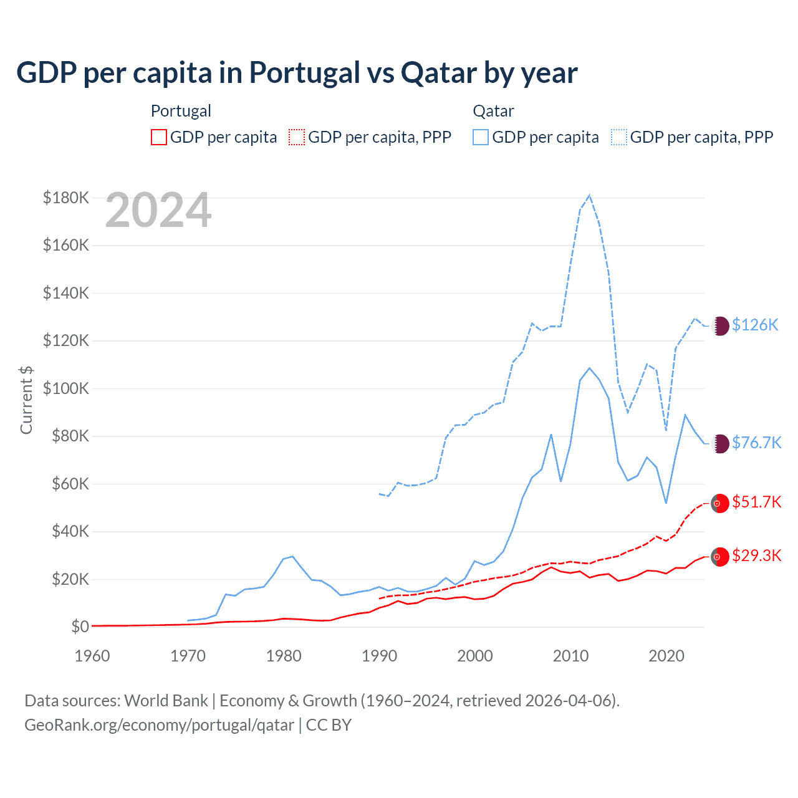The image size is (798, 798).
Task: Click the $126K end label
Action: click(755, 325)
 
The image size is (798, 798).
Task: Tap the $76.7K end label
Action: click(756, 443)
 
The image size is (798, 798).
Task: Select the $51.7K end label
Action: click(756, 502)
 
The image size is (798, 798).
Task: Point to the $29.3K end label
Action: click(756, 555)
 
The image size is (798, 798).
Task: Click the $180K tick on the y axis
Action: click(66, 198)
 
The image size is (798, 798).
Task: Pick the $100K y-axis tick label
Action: click(66, 388)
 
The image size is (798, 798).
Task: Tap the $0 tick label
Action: click(80, 627)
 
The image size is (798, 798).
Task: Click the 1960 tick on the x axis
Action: click(92, 656)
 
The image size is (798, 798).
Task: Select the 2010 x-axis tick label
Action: click(571, 656)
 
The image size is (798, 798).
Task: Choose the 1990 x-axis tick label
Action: click(379, 656)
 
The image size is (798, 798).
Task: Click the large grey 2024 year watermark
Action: click(158, 211)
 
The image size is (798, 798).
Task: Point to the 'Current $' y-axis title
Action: click(26, 400)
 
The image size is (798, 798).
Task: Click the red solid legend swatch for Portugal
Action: click(159, 137)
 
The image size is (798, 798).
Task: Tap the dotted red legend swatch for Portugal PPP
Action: click(297, 137)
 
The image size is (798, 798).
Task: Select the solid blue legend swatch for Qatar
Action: click(481, 137)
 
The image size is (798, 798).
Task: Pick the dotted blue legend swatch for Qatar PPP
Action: click(619, 137)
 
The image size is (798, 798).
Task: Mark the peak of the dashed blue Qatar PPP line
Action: click(589, 196)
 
